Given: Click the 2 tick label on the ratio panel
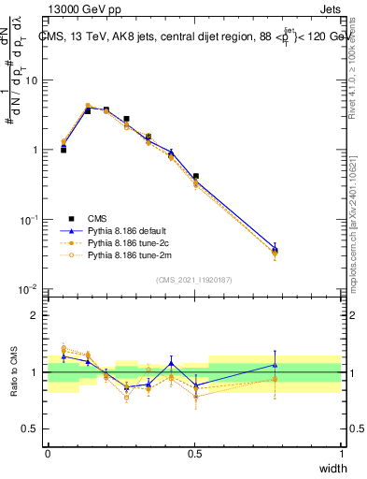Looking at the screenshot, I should pos(35,315).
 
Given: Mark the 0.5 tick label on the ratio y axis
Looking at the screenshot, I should pos(30,429).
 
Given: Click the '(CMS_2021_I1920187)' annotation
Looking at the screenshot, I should pos(194,279).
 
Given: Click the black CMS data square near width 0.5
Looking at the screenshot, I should pos(195,176).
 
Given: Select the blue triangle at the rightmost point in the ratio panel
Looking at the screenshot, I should pos(275,365).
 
